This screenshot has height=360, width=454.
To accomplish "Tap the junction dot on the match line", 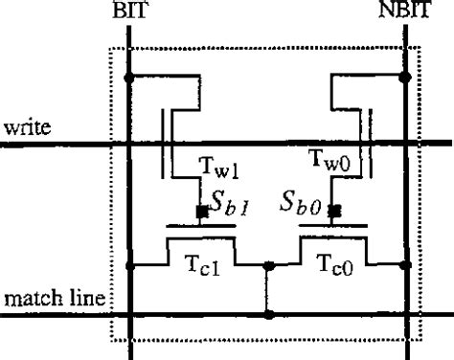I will pos(269,313).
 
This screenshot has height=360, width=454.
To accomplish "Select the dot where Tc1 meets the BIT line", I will pos(130,265).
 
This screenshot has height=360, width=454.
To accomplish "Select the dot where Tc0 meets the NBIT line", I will pos(407,265).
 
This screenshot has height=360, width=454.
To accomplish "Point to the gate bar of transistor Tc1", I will pos(200,228).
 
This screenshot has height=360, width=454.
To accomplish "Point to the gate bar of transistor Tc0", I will pos(334,228).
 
